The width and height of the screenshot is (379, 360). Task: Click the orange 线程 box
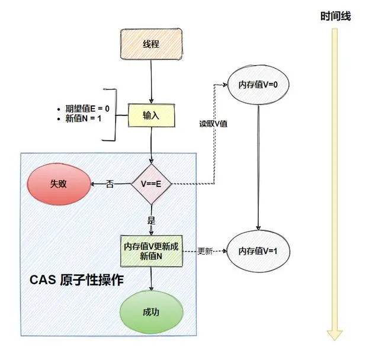click(152, 44)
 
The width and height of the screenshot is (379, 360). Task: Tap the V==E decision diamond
click(152, 184)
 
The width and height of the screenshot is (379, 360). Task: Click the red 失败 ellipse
click(59, 184)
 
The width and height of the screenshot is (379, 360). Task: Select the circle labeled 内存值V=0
click(258, 85)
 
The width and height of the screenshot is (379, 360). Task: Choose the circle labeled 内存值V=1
click(258, 251)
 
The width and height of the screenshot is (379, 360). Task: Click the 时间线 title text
click(335, 17)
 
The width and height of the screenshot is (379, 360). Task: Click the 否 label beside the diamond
click(110, 184)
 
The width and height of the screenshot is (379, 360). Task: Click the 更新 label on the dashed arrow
click(205, 250)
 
